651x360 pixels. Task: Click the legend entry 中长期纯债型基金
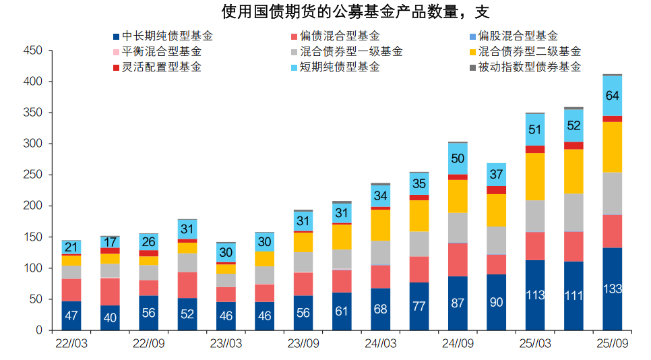tap(167, 36)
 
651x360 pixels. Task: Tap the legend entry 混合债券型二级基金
tap(528, 52)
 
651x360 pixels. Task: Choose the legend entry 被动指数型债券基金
tap(528, 67)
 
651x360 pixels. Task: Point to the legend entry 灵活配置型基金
tap(161, 67)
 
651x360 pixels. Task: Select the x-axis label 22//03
tap(71, 343)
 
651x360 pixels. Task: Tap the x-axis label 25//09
tap(612, 343)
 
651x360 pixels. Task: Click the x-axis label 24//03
tap(381, 343)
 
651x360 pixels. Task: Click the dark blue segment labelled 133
tap(612, 289)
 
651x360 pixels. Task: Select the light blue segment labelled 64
tap(612, 96)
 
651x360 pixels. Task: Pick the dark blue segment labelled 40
tap(110, 318)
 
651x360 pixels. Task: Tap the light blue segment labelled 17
tap(110, 242)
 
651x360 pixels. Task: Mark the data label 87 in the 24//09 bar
tap(458, 303)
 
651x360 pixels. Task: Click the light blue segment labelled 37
tap(496, 175)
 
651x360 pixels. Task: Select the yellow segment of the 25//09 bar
tap(612, 147)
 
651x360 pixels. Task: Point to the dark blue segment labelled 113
tap(535, 295)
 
